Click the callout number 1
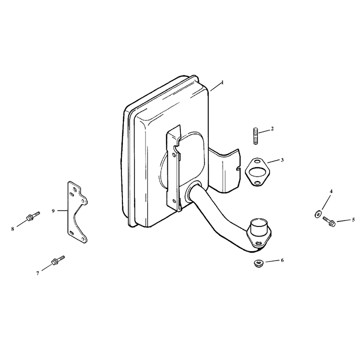pos(222,82)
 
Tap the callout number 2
pos(272,129)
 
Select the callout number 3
pos(283,160)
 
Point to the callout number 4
pos(331,191)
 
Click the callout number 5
pos(353,220)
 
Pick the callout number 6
pos(282,260)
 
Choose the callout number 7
pos(38,273)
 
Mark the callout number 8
pos(13,229)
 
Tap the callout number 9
pos(53,211)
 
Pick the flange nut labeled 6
pos(258,263)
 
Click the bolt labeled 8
pos(33,216)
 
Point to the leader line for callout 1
pos(216,87)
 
